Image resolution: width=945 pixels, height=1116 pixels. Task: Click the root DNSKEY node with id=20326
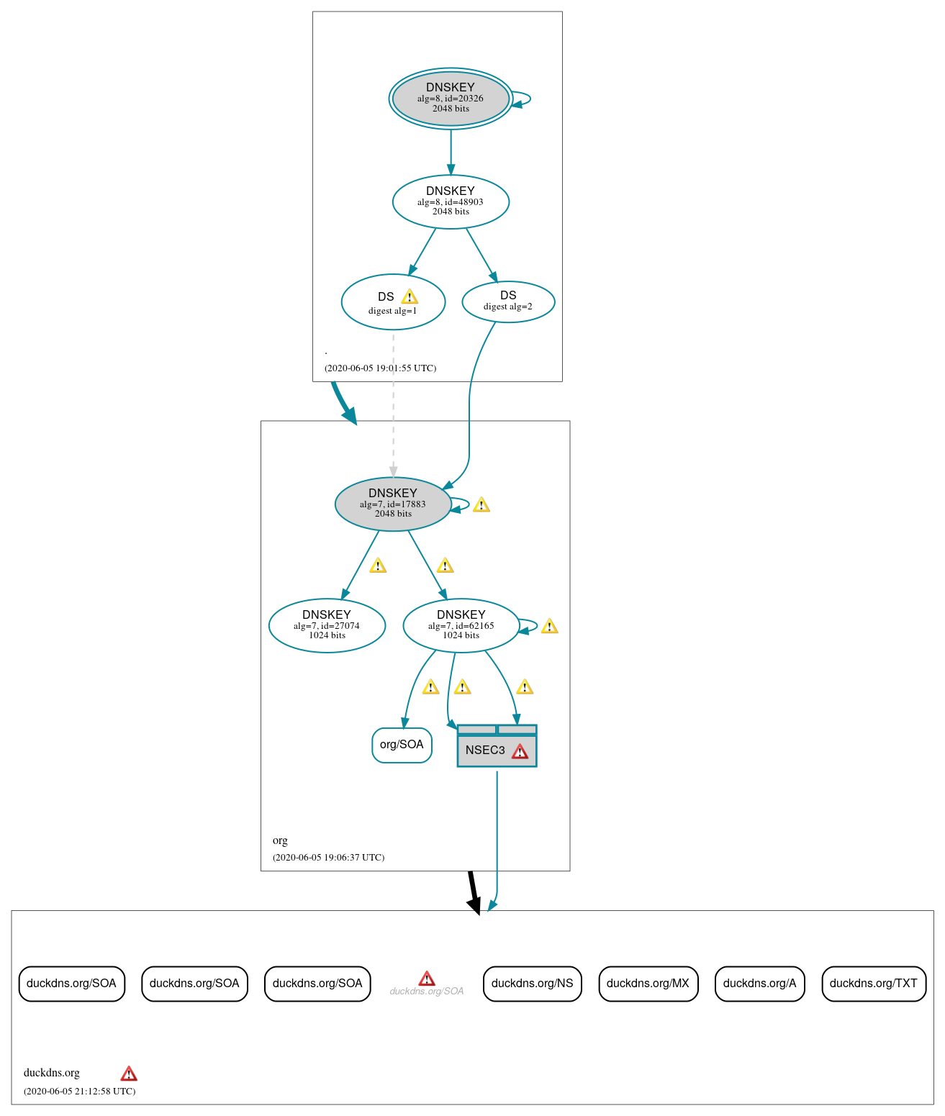point(451,99)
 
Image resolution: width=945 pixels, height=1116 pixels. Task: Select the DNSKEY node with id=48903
point(451,201)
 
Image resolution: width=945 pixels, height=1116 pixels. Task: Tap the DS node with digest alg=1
point(393,302)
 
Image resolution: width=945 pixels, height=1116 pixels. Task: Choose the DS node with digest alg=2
point(508,301)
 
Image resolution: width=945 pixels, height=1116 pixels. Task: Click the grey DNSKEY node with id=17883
point(393,504)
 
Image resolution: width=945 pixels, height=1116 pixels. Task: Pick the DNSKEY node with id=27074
point(327,625)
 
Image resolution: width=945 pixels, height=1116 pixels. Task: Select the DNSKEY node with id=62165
point(461,625)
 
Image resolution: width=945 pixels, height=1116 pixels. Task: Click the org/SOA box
point(402,745)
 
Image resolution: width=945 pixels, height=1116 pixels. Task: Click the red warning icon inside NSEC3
point(520,752)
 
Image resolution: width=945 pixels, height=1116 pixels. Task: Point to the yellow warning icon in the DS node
point(410,296)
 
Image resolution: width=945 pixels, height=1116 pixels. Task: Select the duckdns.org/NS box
point(532,984)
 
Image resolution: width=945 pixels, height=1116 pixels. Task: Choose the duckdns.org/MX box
point(648,984)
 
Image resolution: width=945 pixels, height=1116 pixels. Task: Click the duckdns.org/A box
point(759,984)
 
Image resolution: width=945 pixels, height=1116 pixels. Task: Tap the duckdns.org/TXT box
point(873,984)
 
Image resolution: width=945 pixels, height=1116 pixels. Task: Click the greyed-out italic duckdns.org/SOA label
point(427,992)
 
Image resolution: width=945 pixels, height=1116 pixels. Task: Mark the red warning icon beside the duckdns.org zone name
point(129,1074)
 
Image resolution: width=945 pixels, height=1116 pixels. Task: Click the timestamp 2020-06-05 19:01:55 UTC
point(380,368)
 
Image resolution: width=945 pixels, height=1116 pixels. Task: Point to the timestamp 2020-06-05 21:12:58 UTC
point(79,1091)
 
